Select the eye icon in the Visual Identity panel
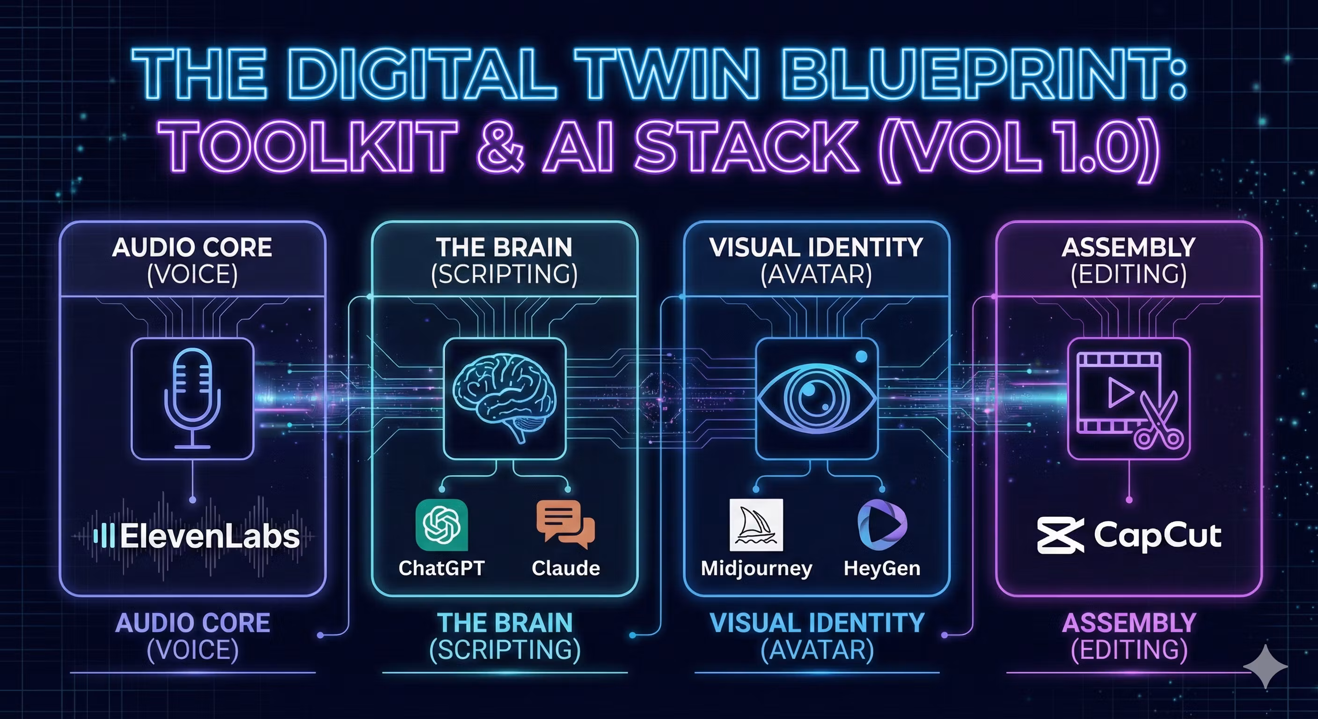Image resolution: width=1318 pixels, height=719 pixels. coord(817,397)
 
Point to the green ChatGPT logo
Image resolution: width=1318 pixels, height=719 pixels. coord(441,525)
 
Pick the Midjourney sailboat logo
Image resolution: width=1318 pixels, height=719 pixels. coord(756,525)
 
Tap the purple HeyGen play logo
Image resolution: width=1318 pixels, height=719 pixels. coord(882,525)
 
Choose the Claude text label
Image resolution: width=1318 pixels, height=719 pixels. coord(565,568)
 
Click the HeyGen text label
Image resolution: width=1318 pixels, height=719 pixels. coord(882,568)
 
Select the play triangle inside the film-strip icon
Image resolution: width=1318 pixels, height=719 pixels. coord(1120,393)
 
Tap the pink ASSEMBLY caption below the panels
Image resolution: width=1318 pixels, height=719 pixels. coord(1129,623)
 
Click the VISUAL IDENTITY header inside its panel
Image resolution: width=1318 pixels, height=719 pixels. coord(816,248)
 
